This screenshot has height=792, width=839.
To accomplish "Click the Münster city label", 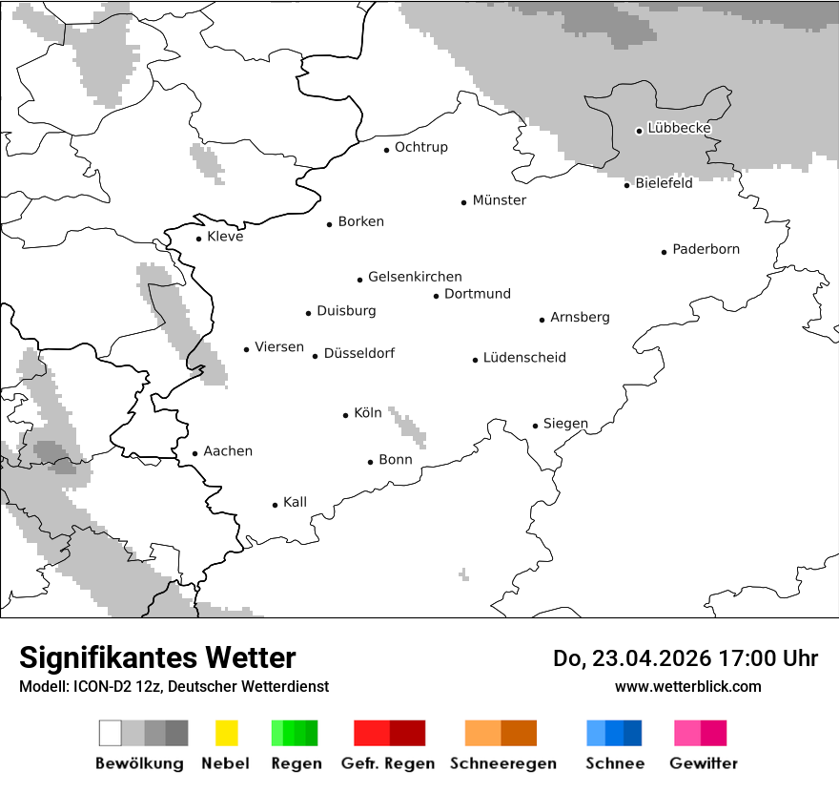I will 499,200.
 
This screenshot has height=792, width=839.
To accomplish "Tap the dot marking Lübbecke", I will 639,131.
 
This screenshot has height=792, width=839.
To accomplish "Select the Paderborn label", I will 706,250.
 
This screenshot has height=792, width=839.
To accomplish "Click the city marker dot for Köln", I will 346,415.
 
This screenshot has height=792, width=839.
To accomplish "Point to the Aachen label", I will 228,451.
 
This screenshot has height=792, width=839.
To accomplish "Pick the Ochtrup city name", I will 420,148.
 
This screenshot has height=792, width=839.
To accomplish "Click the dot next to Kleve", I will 198,239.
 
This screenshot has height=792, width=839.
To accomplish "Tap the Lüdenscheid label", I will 524,358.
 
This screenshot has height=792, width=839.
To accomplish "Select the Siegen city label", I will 565,424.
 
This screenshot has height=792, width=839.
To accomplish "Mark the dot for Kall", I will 275,505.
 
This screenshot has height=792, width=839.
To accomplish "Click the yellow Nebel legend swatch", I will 226,733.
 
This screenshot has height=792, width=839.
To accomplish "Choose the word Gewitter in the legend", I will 704,763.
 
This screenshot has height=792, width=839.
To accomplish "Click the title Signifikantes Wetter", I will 157,657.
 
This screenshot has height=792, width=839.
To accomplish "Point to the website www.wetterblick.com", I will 687,686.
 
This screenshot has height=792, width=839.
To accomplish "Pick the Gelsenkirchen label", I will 415,277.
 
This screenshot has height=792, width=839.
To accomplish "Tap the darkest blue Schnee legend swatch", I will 633,733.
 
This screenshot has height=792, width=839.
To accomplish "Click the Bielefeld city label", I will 664,183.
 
